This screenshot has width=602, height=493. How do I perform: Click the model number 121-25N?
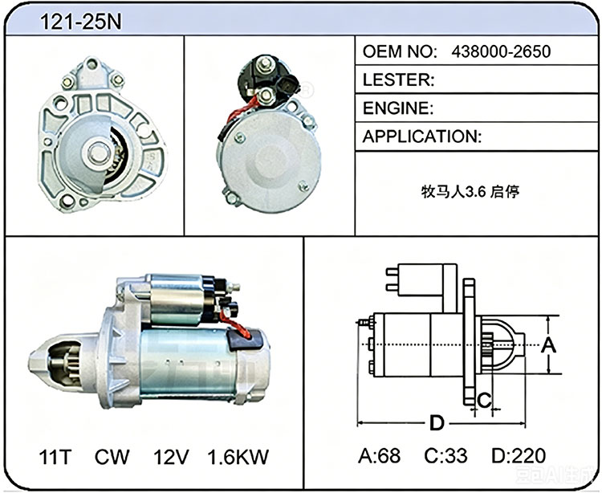point(80,22)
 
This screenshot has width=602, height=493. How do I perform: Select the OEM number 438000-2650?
point(501,51)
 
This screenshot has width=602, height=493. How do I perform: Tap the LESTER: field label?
point(398,79)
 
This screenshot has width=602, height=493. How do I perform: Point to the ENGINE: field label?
point(398,108)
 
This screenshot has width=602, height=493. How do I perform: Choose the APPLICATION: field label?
point(421,136)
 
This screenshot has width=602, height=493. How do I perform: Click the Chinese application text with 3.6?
point(470,191)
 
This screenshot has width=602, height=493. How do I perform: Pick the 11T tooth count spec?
point(55,457)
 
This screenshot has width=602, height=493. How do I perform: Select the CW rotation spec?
point(112,457)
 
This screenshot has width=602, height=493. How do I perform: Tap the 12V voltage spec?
point(171,457)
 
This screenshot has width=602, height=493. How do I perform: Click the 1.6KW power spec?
point(238,457)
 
